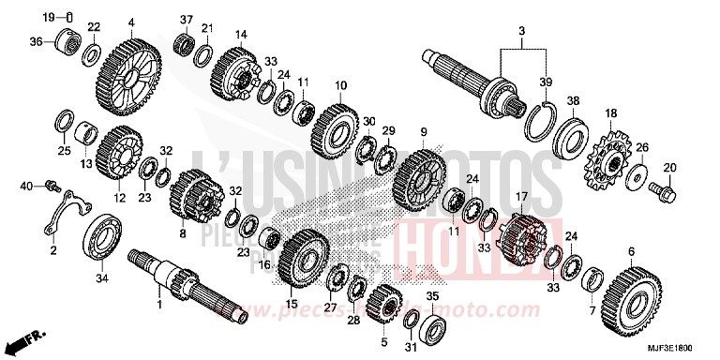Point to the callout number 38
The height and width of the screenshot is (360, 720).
click(x=573, y=100)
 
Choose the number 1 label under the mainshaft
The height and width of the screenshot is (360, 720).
click(x=158, y=305)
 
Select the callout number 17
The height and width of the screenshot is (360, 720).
click(x=521, y=197)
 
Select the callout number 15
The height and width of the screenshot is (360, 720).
click(x=292, y=305)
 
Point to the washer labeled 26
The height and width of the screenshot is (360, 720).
click(x=636, y=175)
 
